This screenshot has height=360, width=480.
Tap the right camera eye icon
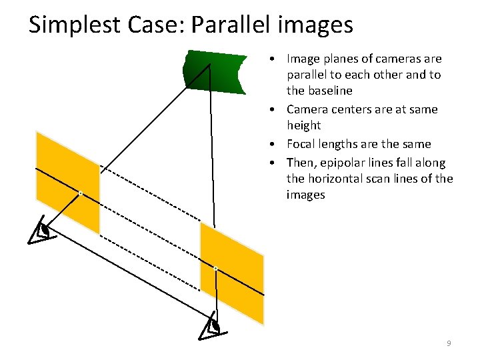[x=213, y=326]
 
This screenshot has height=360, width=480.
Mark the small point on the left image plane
[x=80, y=193]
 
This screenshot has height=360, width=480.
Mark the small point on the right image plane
[x=215, y=269]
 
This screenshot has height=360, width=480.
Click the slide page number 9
[x=449, y=343]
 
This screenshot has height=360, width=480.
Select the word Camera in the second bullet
[x=307, y=109]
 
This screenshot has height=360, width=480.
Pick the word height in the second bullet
[x=303, y=125]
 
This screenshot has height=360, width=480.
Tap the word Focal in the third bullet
[x=301, y=144]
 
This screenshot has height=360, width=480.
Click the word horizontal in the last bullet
[x=338, y=179]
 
